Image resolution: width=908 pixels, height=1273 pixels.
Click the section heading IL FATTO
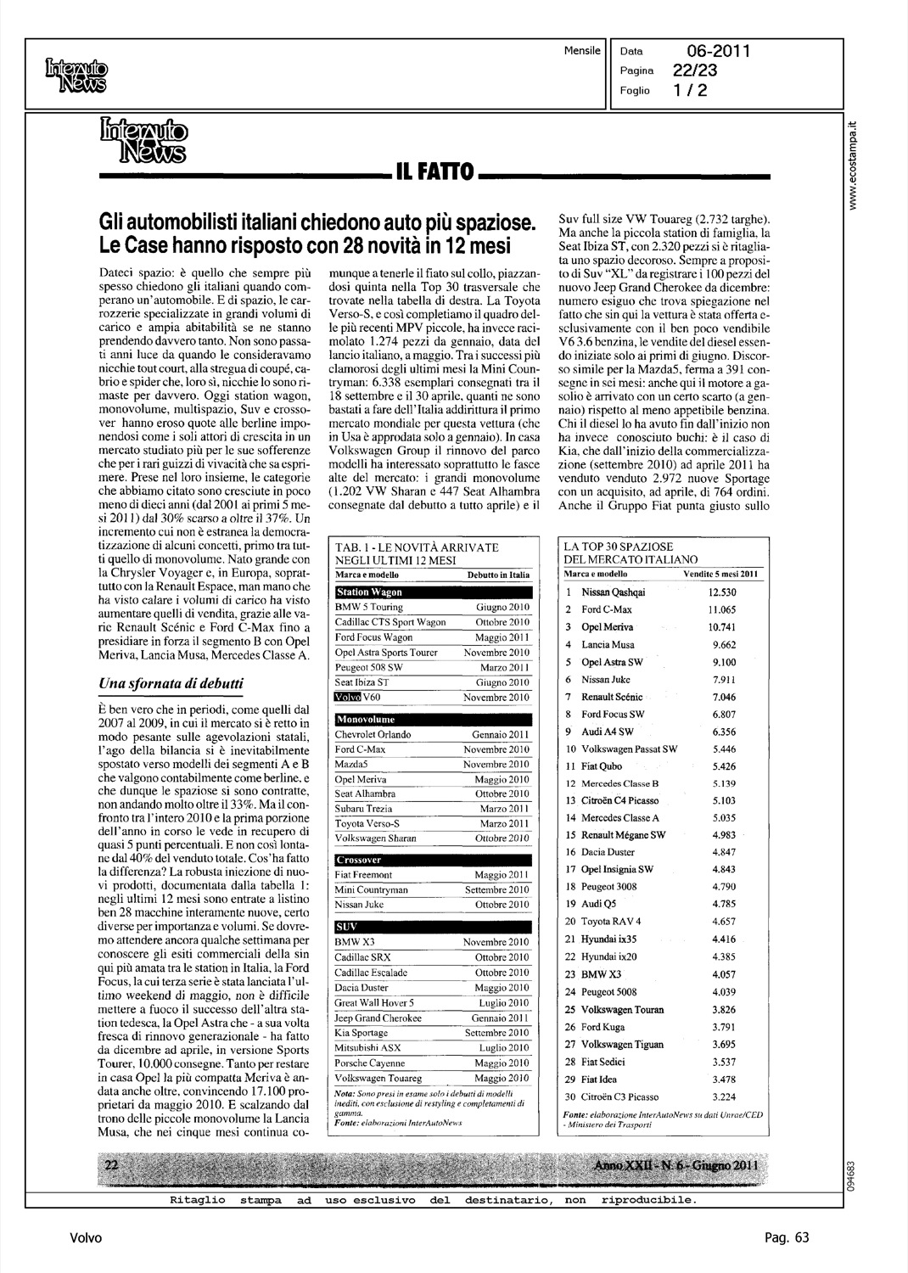click(434, 173)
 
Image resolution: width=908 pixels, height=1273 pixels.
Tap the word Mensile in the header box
click(582, 51)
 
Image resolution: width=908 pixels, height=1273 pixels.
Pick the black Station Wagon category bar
click(434, 592)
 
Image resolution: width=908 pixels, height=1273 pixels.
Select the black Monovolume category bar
click(434, 720)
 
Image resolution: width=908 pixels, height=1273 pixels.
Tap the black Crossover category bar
click(434, 860)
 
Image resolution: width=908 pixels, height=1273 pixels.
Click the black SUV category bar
click(434, 926)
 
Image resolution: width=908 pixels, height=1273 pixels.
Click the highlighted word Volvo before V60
click(348, 697)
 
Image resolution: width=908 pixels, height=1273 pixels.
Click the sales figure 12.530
click(723, 592)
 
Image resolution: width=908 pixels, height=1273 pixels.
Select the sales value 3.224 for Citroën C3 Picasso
click(722, 1097)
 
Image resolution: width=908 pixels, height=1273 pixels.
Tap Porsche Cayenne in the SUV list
click(372, 1063)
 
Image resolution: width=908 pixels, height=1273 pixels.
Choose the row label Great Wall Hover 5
click(375, 1002)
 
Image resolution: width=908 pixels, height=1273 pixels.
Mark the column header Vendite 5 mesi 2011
click(721, 575)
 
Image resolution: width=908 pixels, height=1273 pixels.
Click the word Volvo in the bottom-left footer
click(86, 1238)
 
